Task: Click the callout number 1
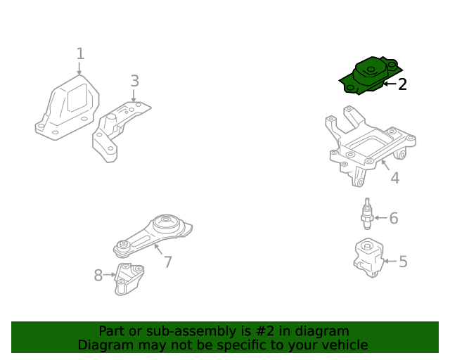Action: click(x=80, y=53)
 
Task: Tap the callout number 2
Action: click(x=402, y=84)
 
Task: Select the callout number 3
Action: click(x=134, y=81)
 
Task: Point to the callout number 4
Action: click(x=394, y=178)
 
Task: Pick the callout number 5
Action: click(x=403, y=262)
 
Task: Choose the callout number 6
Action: click(x=394, y=218)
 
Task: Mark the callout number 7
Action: click(x=168, y=262)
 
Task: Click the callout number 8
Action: click(x=98, y=275)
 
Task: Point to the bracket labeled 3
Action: click(x=116, y=130)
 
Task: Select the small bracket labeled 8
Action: click(x=130, y=279)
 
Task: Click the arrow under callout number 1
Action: click(x=79, y=69)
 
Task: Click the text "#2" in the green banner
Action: click(x=285, y=331)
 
